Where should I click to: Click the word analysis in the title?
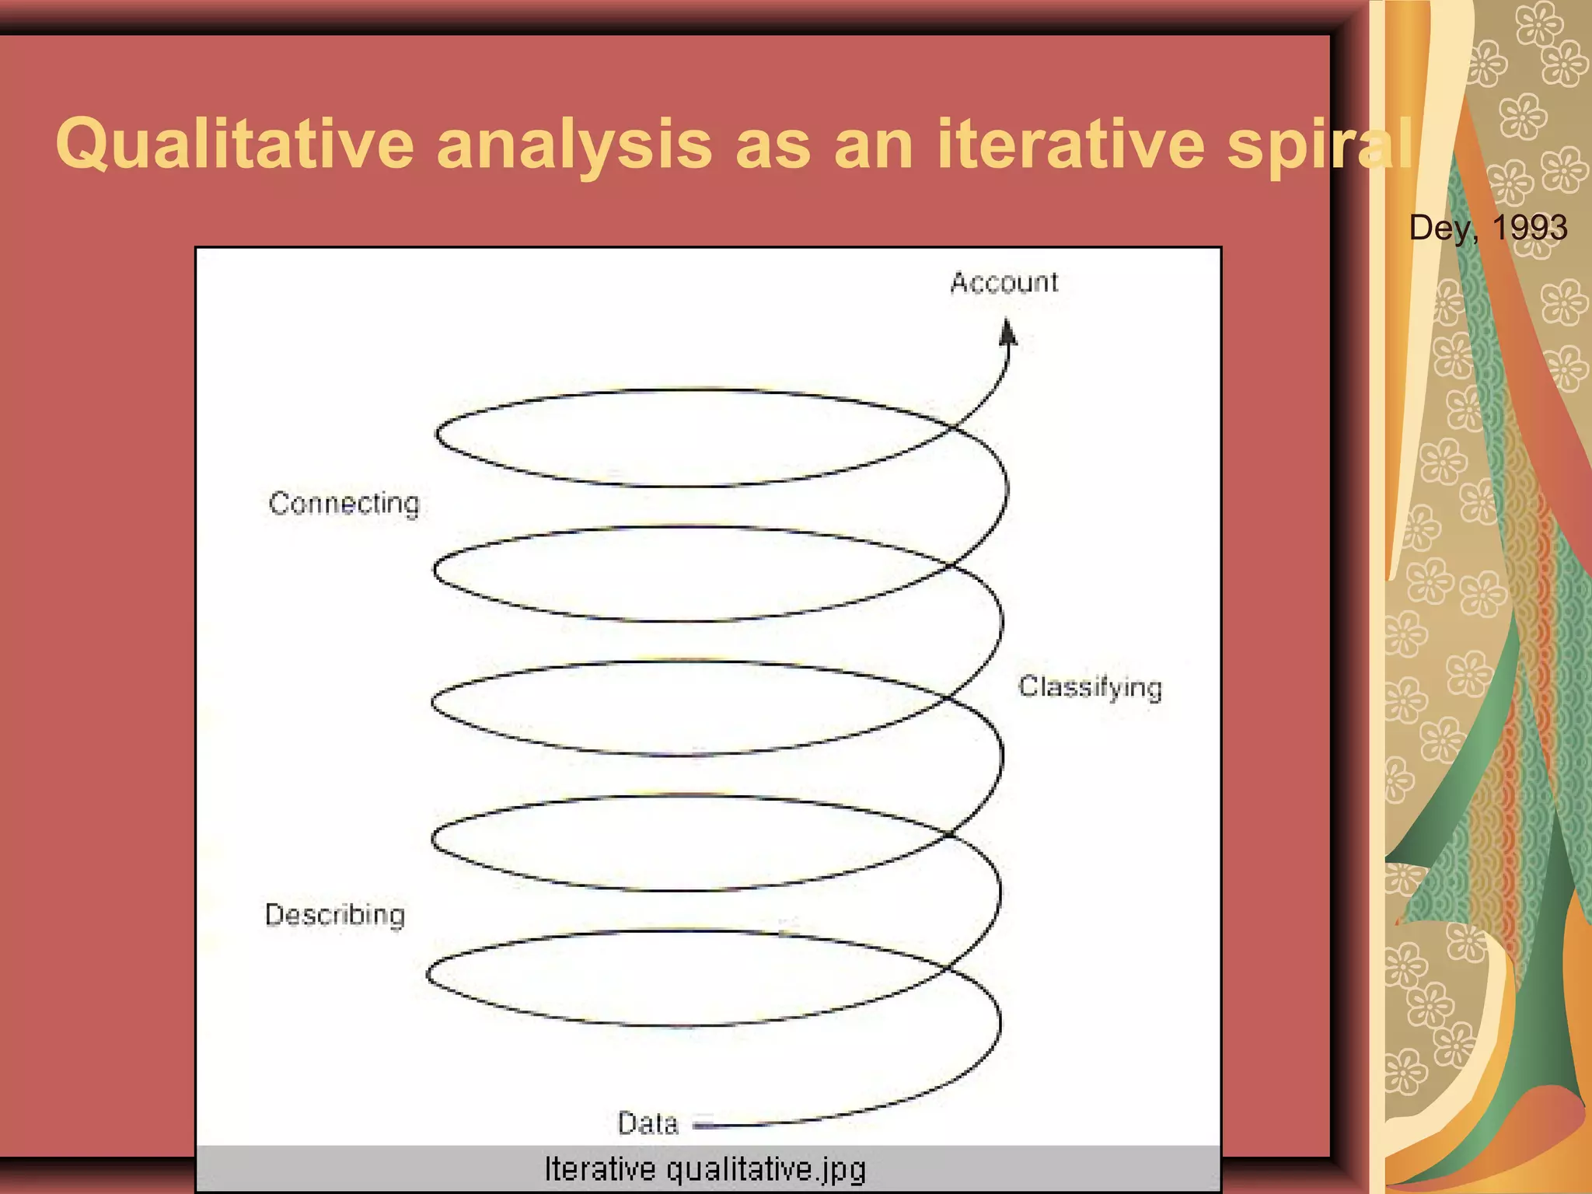tap(574, 145)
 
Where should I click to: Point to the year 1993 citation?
tap(1529, 228)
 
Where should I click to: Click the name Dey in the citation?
tap(1440, 228)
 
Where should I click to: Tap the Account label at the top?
tap(1004, 282)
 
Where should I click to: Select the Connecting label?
tap(344, 504)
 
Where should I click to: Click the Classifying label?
tap(1090, 687)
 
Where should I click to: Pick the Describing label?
tap(335, 915)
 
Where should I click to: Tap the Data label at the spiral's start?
tap(648, 1123)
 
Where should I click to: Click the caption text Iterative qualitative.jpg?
tap(705, 1169)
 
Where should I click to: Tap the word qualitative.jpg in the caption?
tap(766, 1169)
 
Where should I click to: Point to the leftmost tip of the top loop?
tap(437, 434)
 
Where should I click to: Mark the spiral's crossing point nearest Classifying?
tap(949, 698)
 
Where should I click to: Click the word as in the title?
tap(773, 145)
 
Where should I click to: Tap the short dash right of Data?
tap(703, 1122)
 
